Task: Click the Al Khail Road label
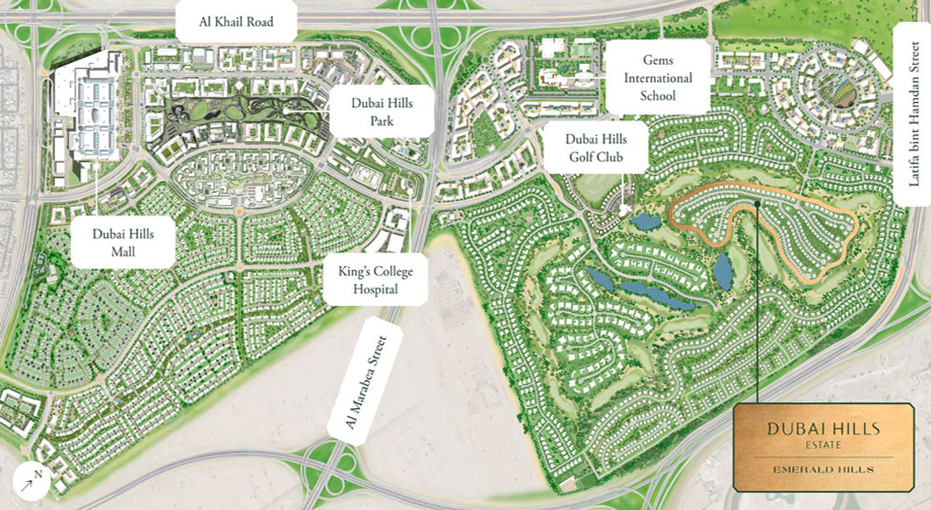click(236, 22)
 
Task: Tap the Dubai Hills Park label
click(382, 110)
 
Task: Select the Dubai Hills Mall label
click(123, 242)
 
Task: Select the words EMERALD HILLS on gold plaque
click(823, 468)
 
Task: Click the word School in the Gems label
click(658, 95)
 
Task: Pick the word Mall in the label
click(123, 252)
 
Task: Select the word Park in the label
click(382, 121)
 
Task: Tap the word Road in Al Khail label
click(256, 22)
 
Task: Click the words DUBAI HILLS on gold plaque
click(823, 428)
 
